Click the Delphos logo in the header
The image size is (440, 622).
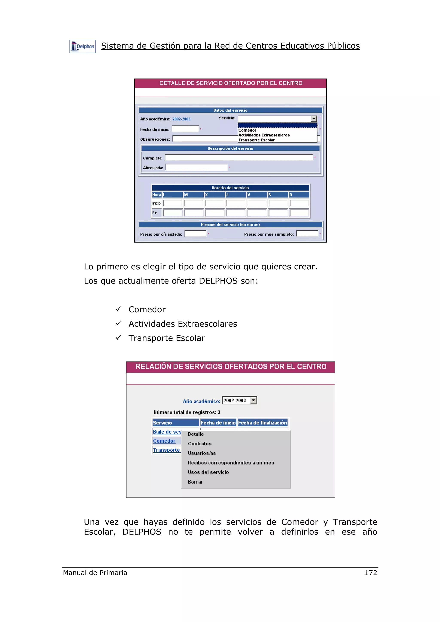pyautogui.click(x=82, y=47)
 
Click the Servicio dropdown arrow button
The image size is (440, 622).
pyautogui.click(x=314, y=119)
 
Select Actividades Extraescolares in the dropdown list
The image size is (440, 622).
pyautogui.click(x=264, y=135)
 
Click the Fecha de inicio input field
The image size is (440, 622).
pyautogui.click(x=185, y=129)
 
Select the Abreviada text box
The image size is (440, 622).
pyautogui.click(x=196, y=167)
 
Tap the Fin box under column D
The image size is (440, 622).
pyautogui.click(x=299, y=213)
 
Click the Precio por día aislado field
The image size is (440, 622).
pyautogui.click(x=196, y=234)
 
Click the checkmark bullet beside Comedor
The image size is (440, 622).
pyautogui.click(x=118, y=309)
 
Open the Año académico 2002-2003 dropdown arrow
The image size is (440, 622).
pyautogui.click(x=253, y=401)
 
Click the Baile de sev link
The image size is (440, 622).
pyautogui.click(x=167, y=432)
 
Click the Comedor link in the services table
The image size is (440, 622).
pyautogui.click(x=164, y=441)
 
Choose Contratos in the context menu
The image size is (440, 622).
pyautogui.click(x=200, y=443)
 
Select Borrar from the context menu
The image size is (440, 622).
pyautogui.click(x=195, y=482)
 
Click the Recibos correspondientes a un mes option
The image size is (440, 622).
pyautogui.click(x=231, y=463)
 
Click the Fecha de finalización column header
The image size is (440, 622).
pyautogui.click(x=262, y=423)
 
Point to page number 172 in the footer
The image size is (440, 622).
pyautogui.click(x=371, y=573)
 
